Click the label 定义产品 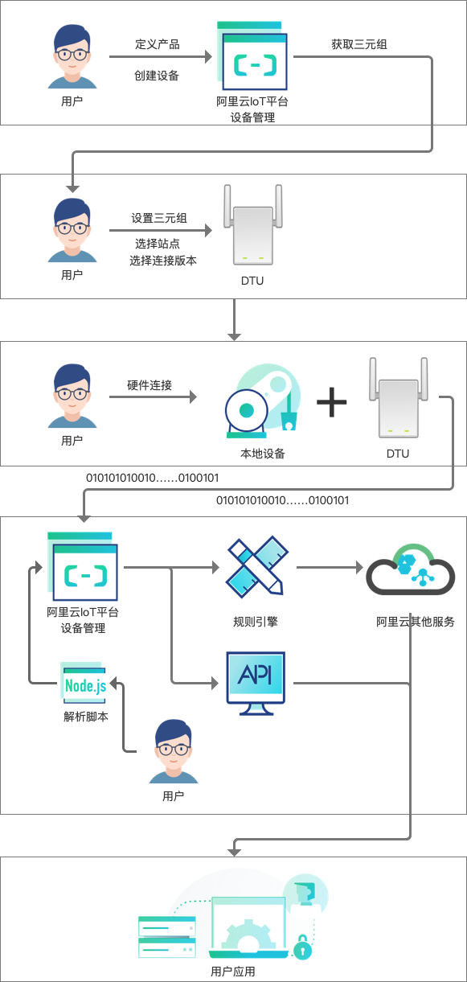(158, 44)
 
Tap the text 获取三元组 (359, 44)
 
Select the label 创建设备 (157, 76)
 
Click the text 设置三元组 (159, 218)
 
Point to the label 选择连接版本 (163, 261)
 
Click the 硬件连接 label (150, 385)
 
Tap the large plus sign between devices (332, 402)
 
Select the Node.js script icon (84, 683)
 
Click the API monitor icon (256, 683)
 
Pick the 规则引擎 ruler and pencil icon (256, 566)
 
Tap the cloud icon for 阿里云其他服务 (411, 570)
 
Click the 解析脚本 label (86, 717)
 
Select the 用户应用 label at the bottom (233, 972)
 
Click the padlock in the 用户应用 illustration (302, 948)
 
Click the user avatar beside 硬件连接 (72, 396)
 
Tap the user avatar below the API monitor (174, 751)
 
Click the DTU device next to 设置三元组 (252, 224)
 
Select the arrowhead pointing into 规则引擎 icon (215, 567)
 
